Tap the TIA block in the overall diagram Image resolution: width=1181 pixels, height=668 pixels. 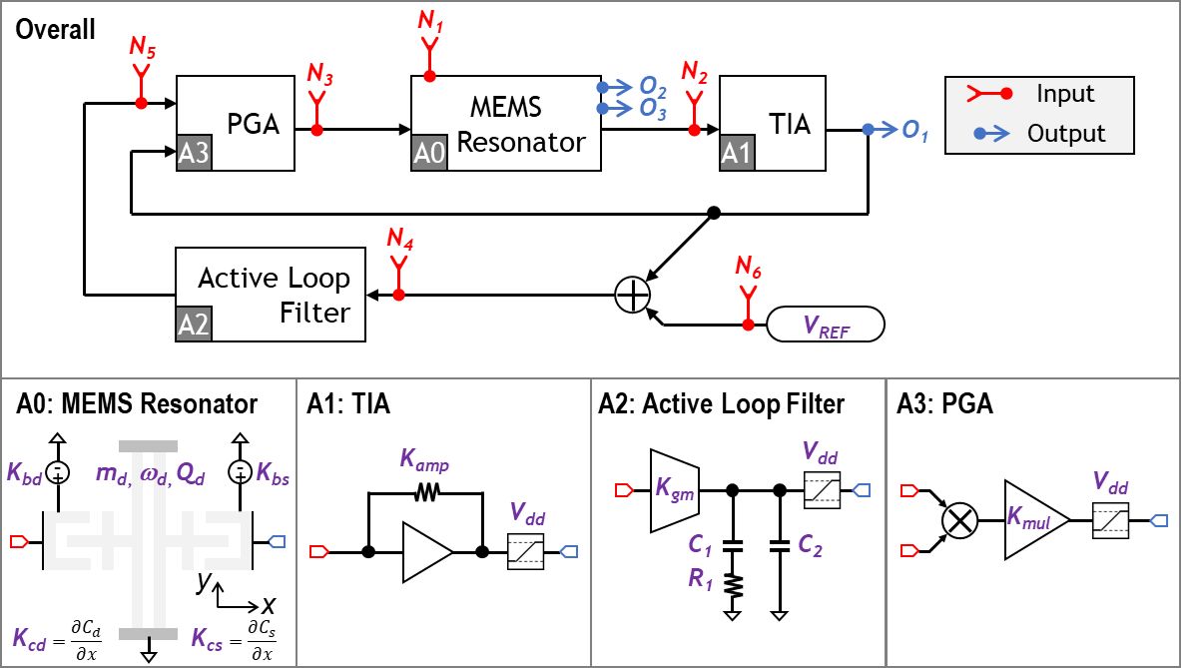pos(774,124)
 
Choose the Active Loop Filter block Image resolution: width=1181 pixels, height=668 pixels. pos(271,295)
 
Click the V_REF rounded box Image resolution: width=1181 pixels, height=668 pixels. pos(824,326)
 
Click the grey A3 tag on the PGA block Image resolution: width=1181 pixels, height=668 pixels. pos(194,155)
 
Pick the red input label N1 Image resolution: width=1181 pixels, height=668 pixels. pos(430,17)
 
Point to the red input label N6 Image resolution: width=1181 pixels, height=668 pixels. pos(748,268)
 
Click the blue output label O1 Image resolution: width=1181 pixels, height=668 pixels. pos(910,134)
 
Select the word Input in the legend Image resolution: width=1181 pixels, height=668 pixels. pos(1065,94)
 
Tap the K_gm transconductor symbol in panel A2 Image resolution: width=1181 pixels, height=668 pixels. pos(676,490)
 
